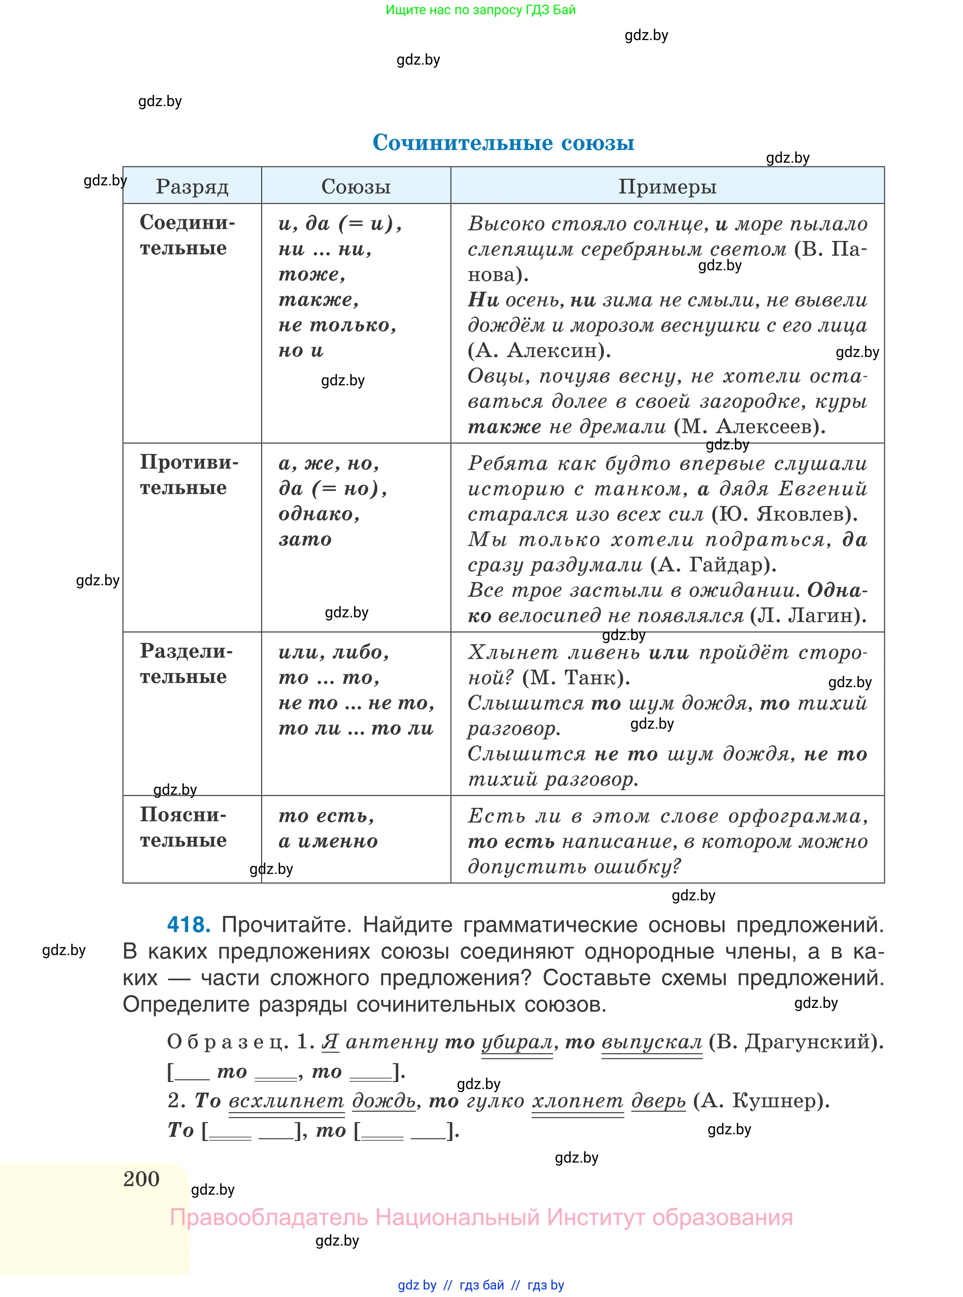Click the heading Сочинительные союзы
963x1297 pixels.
point(503,142)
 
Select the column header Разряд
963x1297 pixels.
point(192,187)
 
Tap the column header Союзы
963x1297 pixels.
point(355,187)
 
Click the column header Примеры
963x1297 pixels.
point(667,187)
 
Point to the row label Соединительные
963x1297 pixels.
point(187,235)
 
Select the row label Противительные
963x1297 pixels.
point(188,475)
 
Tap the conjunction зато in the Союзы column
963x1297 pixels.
point(305,540)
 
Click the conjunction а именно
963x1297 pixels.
point(328,841)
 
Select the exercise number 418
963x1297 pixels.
point(188,925)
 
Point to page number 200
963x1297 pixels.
point(141,1179)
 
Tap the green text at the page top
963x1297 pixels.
point(480,10)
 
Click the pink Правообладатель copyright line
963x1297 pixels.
point(481,1218)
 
